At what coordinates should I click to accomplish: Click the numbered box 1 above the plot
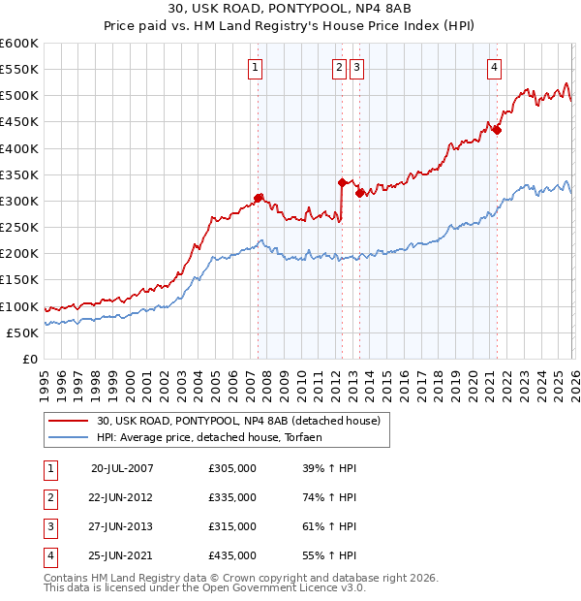pyautogui.click(x=254, y=67)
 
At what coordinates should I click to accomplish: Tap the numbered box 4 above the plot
pyautogui.click(x=494, y=67)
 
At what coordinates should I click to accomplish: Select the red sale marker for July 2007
pyautogui.click(x=259, y=198)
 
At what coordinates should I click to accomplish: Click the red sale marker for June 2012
pyautogui.click(x=342, y=182)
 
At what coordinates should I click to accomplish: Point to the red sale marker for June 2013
pyautogui.click(x=359, y=193)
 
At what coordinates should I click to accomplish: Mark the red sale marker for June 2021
pyautogui.click(x=497, y=130)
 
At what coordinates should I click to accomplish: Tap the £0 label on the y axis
pyautogui.click(x=31, y=359)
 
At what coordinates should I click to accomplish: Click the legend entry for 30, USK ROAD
pyautogui.click(x=238, y=421)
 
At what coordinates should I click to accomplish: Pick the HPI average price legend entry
pyautogui.click(x=215, y=437)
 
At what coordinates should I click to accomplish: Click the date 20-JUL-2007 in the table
pyautogui.click(x=122, y=468)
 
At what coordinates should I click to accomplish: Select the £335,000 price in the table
pyautogui.click(x=232, y=497)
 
